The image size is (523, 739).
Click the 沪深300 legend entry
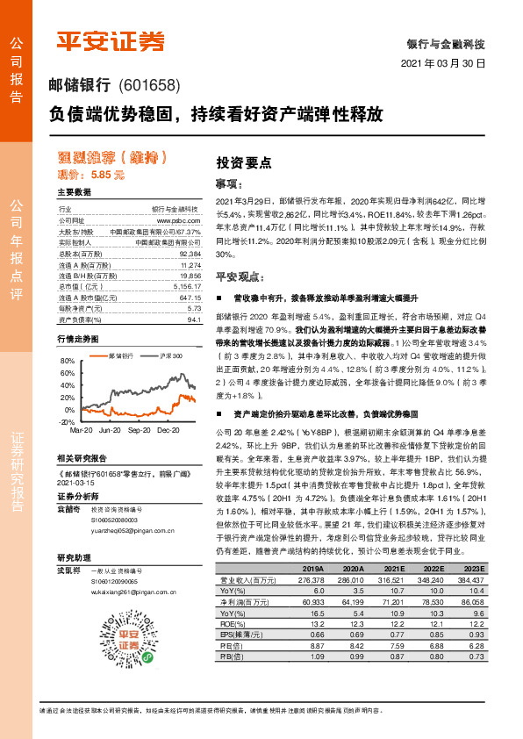(171, 355)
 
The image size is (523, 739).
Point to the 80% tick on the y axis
(68, 362)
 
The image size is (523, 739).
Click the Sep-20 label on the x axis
(139, 431)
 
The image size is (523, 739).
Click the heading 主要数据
(74, 191)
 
